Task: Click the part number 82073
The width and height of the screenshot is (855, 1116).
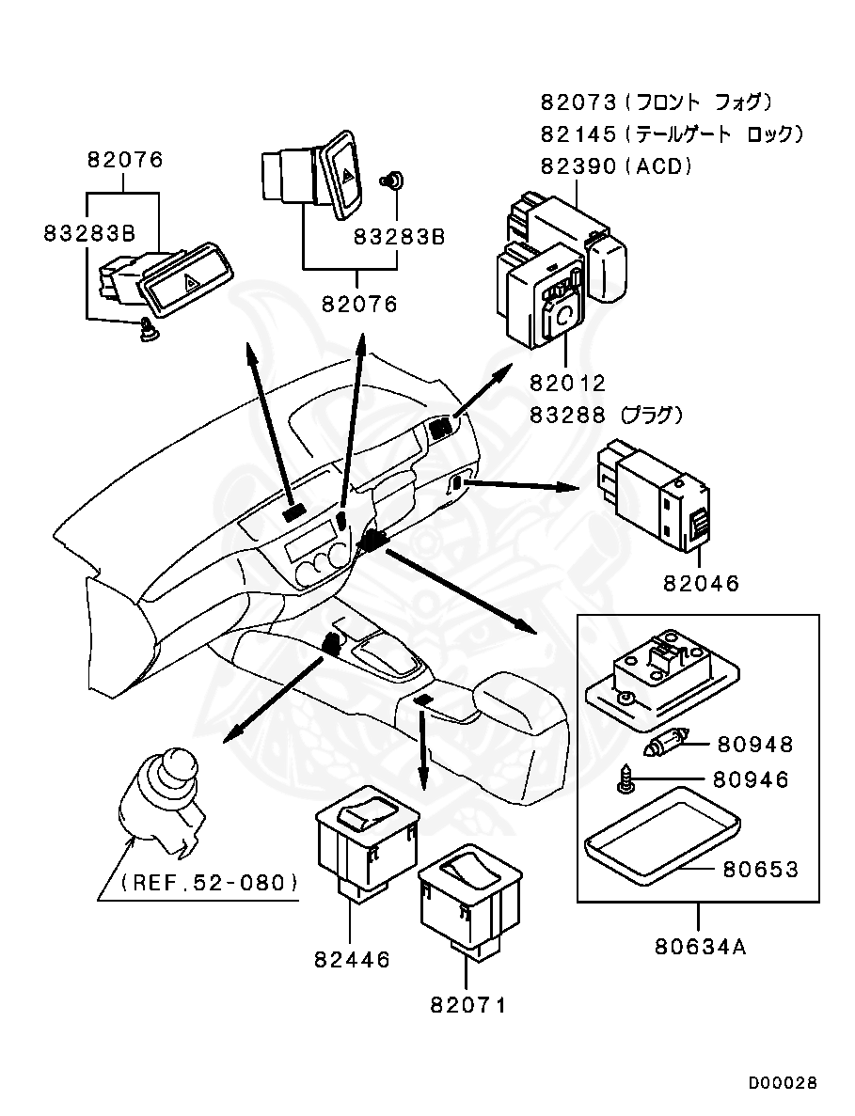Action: click(578, 102)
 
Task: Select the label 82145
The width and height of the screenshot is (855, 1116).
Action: click(578, 134)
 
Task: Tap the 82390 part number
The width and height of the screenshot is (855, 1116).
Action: click(578, 165)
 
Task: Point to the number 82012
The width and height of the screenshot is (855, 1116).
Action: click(567, 383)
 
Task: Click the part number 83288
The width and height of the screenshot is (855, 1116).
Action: click(567, 415)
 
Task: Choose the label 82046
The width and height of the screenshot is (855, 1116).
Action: click(702, 583)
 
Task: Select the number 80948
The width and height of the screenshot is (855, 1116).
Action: click(754, 745)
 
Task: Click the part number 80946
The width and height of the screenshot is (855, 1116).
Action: click(751, 780)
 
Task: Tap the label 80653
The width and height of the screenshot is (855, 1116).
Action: click(761, 869)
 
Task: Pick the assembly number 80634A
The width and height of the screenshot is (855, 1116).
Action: click(701, 948)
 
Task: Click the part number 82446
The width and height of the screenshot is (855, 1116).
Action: click(353, 960)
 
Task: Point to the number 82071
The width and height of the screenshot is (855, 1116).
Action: click(467, 1005)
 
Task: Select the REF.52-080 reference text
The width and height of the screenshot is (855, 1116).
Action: click(209, 883)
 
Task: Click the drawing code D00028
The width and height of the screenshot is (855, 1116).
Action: click(783, 1082)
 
